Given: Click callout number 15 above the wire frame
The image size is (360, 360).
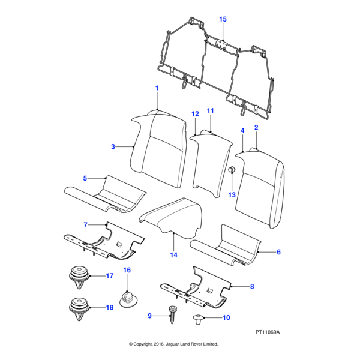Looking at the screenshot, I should click(x=223, y=20).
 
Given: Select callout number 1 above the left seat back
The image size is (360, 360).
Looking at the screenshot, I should click(x=157, y=88).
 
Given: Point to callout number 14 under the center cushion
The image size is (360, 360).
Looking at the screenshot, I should click(x=173, y=254).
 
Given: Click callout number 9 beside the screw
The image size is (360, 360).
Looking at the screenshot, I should click(x=150, y=315).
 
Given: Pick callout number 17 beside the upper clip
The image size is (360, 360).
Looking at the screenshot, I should click(x=109, y=276).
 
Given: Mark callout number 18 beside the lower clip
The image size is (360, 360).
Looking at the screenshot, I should click(x=109, y=308).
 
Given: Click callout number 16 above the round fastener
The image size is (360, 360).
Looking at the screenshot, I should click(x=127, y=271).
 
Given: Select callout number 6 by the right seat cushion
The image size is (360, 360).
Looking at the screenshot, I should click(x=278, y=253).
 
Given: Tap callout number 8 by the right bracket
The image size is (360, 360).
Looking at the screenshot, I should click(x=251, y=287).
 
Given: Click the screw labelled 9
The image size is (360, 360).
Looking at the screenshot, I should click(x=172, y=315).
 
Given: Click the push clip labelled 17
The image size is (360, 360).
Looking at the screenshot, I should click(x=78, y=276).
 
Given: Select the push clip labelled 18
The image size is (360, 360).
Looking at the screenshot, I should click(x=77, y=307).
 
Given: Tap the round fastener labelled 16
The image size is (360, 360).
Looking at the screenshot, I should click(x=127, y=297).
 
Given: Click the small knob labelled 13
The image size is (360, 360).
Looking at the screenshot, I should click(x=230, y=170).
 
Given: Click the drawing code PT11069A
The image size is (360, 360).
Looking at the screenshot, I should click(x=267, y=331).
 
